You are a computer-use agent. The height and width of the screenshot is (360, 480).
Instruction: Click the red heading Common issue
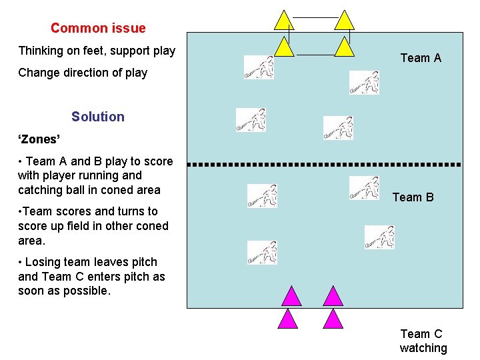click(98, 28)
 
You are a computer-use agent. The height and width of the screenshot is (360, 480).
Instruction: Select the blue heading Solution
click(98, 117)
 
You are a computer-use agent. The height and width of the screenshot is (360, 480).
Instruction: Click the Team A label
click(421, 58)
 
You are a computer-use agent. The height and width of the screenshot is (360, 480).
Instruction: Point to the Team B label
click(413, 197)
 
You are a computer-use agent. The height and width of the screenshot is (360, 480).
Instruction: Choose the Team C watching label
click(423, 341)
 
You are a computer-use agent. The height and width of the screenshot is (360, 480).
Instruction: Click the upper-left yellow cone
click(285, 21)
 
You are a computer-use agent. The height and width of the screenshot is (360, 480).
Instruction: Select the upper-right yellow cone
click(344, 21)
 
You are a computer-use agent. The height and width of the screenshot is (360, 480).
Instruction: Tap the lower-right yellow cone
click(344, 47)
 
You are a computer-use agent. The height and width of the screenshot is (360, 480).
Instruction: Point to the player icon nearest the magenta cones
click(261, 253)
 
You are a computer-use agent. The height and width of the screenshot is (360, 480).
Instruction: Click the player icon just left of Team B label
click(364, 188)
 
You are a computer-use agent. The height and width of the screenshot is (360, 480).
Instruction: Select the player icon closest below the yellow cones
click(259, 67)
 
